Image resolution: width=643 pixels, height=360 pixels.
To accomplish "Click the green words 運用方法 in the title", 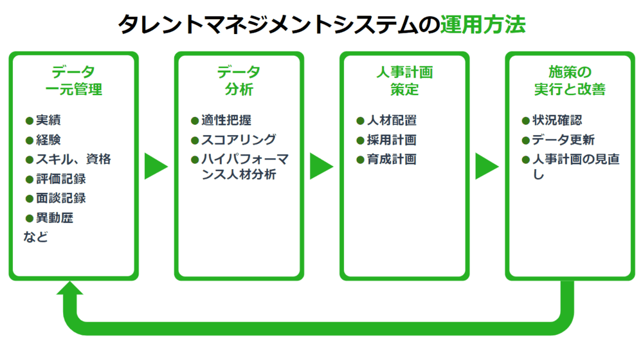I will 483,24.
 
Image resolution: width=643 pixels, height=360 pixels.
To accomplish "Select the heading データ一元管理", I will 73,80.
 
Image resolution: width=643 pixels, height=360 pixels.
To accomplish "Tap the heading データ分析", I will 239,80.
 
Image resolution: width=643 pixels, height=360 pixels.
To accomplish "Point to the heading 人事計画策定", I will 404,80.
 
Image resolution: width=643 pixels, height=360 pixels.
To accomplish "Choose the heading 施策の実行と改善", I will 570,80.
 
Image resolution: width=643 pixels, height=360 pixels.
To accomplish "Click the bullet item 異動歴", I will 53,217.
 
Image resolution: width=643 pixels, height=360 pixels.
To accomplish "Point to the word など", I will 36,237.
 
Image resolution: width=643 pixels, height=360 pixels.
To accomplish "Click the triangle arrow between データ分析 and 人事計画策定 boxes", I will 320,166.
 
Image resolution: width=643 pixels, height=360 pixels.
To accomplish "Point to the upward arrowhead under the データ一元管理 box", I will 70,291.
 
